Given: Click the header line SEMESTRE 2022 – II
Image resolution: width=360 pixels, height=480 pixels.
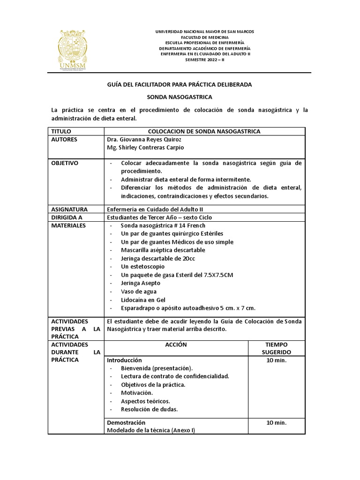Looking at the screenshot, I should [205, 60].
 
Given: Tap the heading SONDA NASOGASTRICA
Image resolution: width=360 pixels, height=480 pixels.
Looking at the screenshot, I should [180, 97].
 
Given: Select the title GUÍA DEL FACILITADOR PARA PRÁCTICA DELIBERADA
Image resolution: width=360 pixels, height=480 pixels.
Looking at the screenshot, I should [180, 84].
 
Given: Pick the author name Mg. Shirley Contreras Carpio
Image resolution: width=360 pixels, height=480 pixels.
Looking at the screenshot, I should [145, 148].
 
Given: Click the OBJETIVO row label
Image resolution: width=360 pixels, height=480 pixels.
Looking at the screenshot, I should [65, 163].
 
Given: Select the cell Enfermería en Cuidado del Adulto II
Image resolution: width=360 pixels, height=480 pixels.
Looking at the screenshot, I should [155, 210].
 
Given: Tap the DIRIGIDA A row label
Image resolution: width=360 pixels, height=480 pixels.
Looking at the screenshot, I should [67, 217].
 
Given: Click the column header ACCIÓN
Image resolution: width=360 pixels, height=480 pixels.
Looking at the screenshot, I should [176, 345].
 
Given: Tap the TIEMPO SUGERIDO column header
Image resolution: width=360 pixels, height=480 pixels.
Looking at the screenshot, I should [276, 348].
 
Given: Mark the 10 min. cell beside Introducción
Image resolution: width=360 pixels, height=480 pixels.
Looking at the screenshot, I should [276, 360].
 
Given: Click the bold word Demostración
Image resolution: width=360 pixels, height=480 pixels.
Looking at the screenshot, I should [126, 422].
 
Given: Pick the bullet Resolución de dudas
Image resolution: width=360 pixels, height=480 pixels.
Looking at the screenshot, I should [149, 409].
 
